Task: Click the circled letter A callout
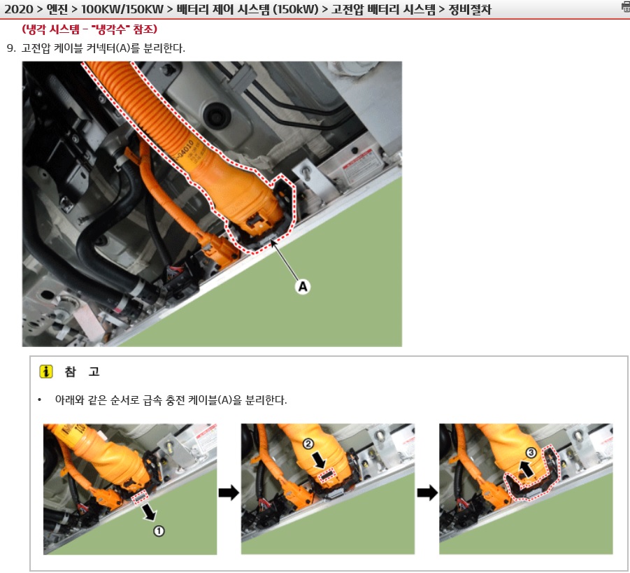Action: coord(303,287)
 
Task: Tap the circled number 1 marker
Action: coord(159,531)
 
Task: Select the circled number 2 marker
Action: coord(308,444)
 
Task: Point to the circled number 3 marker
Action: coord(531,453)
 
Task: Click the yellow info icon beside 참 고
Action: coord(46,372)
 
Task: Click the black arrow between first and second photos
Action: coord(229,492)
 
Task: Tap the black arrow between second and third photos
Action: coord(427,492)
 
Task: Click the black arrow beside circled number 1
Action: coord(149,512)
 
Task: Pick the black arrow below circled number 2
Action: coord(320,460)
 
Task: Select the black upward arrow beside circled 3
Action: coord(526,469)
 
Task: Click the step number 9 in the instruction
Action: coord(11,48)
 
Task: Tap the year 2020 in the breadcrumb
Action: coord(18,9)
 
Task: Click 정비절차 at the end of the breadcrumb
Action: coord(470,9)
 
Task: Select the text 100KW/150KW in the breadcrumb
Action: coord(122,9)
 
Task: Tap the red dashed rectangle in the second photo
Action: coord(327,476)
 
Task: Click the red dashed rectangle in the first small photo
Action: coord(139,498)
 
